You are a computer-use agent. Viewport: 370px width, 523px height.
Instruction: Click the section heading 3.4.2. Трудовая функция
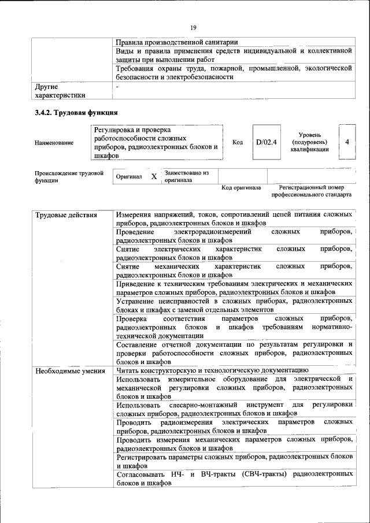[77, 113]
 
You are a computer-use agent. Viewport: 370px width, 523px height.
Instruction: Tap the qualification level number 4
[347, 142]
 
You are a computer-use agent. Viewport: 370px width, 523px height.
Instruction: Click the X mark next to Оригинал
[154, 176]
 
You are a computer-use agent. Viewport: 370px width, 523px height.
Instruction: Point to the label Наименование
[54, 143]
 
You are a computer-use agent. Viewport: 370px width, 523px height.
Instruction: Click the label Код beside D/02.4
[238, 142]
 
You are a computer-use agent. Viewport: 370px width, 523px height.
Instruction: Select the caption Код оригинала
[241, 188]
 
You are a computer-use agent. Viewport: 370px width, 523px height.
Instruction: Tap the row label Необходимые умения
[70, 371]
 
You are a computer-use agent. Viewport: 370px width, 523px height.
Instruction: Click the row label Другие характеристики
[60, 91]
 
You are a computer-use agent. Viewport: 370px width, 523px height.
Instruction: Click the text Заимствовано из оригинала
[186, 176]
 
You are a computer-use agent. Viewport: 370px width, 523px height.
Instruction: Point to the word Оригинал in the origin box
[129, 176]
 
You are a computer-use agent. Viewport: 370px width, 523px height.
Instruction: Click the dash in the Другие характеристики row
[117, 87]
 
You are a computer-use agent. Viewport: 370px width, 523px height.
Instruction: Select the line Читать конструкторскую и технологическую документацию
[212, 370]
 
